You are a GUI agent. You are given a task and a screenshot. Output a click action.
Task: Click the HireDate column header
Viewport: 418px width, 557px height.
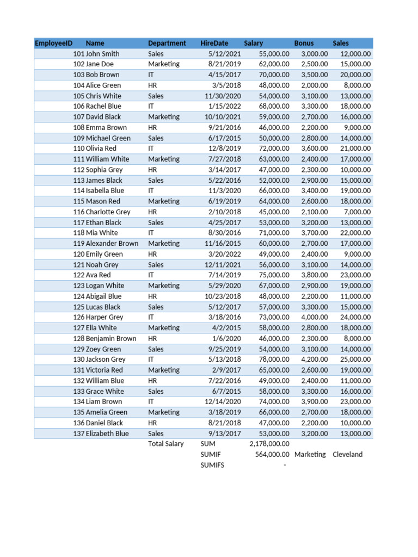coord(214,43)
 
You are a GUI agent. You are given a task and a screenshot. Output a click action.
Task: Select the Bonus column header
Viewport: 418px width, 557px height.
coord(304,43)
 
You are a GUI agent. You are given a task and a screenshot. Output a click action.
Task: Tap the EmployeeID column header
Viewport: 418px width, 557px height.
coord(53,43)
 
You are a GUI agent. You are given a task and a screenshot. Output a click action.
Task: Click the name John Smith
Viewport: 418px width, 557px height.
coord(102,54)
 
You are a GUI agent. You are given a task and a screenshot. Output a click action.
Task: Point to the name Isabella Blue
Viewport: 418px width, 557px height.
coord(104,190)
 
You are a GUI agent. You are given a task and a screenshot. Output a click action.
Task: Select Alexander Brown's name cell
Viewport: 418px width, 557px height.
coord(112,243)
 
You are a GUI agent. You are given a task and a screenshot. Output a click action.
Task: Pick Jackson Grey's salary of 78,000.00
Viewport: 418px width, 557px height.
coord(270,359)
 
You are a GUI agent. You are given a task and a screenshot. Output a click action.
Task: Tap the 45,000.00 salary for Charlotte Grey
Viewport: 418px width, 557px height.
coord(270,212)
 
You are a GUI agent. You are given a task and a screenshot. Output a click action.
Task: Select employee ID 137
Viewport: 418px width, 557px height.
coord(78,434)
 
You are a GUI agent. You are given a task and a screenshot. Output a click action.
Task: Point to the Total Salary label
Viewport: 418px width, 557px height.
coord(165,444)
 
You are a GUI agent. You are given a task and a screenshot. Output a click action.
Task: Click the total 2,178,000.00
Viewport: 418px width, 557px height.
coord(269,444)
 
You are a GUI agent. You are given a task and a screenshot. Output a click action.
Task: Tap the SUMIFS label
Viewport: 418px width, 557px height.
coord(212,465)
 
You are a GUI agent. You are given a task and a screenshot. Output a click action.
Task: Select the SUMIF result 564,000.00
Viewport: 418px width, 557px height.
coord(272,454)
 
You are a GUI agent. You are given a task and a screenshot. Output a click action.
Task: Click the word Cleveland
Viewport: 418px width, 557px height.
coord(347,454)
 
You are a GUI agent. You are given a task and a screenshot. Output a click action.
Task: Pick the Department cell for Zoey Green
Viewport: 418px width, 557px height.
coord(156,349)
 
